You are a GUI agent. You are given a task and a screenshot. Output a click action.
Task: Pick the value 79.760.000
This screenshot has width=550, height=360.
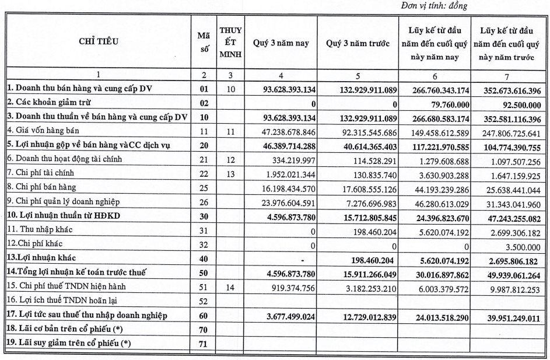[435, 103]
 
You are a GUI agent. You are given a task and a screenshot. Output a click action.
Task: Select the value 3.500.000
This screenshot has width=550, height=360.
[523, 244]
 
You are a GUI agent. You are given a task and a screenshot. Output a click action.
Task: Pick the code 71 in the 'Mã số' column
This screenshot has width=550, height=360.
[204, 344]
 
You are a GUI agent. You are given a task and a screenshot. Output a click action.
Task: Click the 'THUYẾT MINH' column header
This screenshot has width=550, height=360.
[231, 43]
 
